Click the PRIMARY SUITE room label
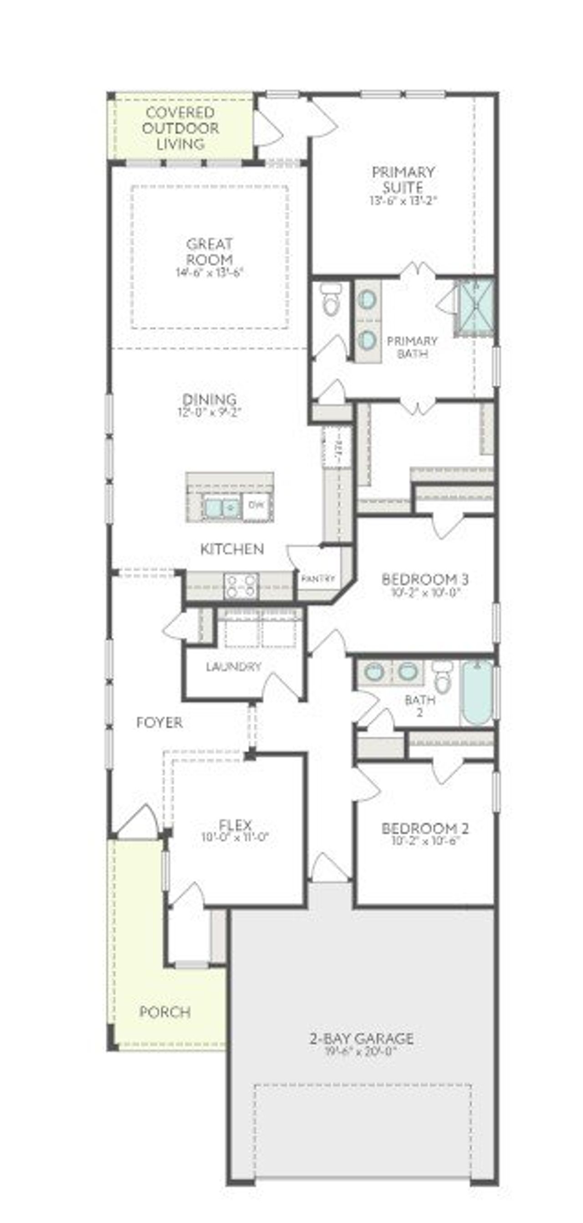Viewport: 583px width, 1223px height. click(403, 179)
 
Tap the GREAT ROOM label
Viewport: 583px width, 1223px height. click(210, 252)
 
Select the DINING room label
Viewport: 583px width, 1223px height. click(210, 399)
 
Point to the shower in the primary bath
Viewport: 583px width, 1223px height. click(475, 308)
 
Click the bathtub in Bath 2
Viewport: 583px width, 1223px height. click(477, 693)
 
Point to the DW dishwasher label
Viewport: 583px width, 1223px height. click(256, 505)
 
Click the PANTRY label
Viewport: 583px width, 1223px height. click(318, 579)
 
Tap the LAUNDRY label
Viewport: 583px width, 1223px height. click(234, 667)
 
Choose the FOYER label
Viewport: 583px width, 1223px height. click(159, 723)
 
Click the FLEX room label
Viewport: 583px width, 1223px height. click(235, 825)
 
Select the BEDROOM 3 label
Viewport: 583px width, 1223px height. click(425, 579)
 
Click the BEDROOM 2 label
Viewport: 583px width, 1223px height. click(425, 828)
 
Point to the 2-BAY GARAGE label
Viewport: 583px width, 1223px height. click(362, 1038)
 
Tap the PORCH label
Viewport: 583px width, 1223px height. click(165, 1012)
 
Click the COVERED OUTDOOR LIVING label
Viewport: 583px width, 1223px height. click(180, 128)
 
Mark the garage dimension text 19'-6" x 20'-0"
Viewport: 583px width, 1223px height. click(362, 1051)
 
